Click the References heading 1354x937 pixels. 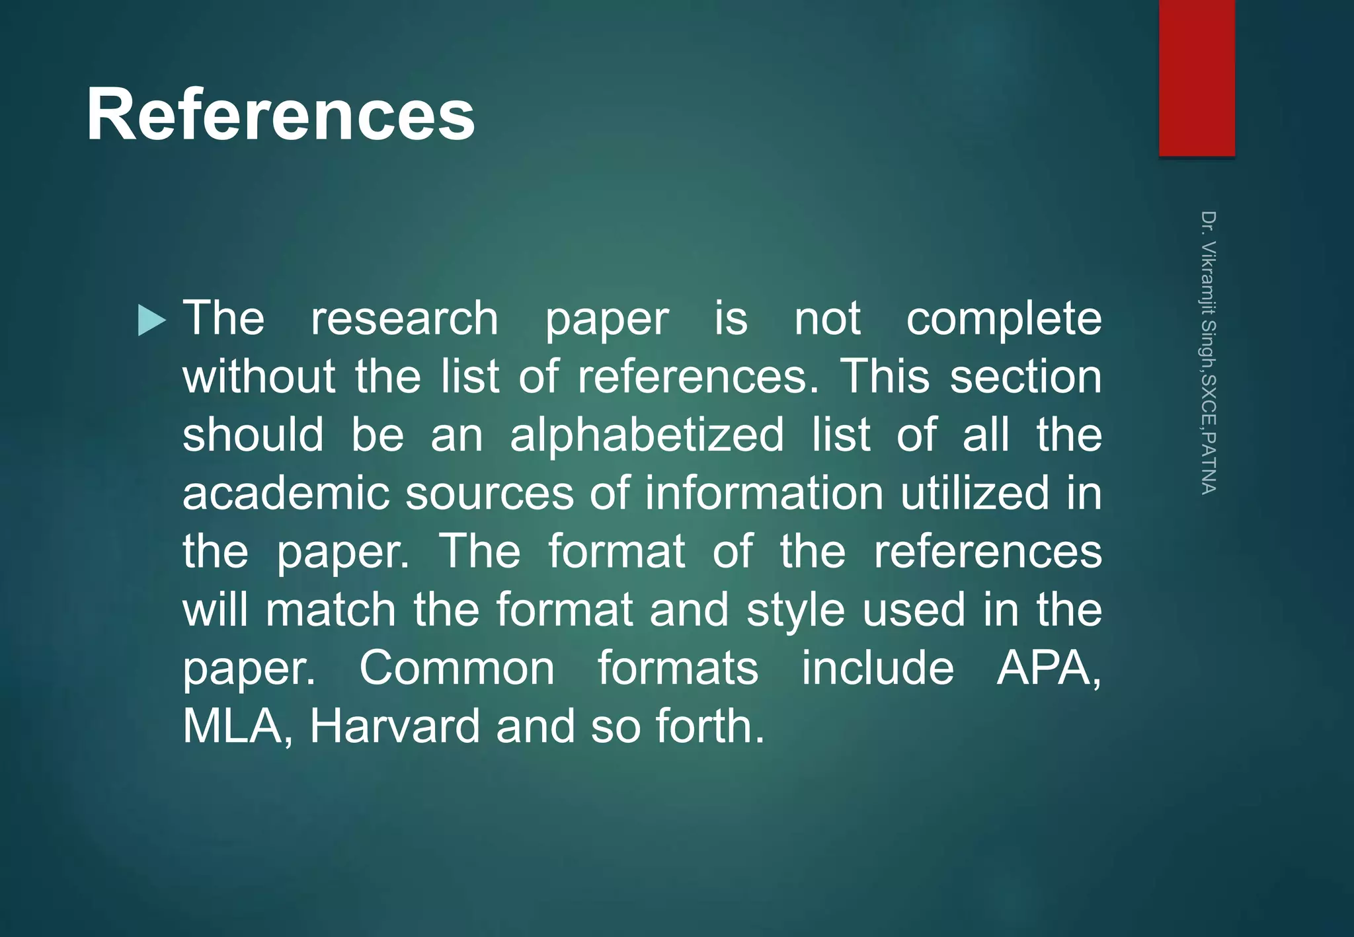(x=280, y=115)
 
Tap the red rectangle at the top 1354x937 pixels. (x=1197, y=78)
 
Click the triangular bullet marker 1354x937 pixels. (x=151, y=320)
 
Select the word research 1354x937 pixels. (x=405, y=319)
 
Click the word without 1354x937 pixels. (x=259, y=377)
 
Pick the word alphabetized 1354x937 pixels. (x=647, y=436)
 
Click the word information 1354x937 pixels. (x=764, y=493)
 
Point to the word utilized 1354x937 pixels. (x=975, y=493)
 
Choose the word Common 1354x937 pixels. (x=457, y=668)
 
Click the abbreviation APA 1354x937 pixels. (x=1049, y=668)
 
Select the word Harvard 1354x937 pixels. (x=395, y=726)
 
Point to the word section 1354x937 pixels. (x=1026, y=377)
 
